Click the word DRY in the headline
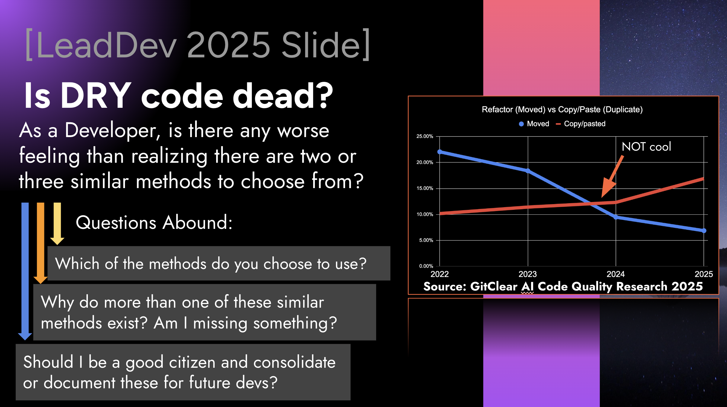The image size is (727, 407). [96, 96]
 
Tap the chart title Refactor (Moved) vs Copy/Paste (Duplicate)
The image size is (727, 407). [562, 109]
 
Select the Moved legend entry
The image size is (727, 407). [534, 124]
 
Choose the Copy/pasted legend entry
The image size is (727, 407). [581, 124]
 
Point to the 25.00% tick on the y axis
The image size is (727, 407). [425, 136]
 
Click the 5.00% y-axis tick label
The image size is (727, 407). [426, 240]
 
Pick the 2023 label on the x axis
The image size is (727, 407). [528, 274]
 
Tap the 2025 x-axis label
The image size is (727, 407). [704, 274]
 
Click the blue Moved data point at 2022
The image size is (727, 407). [440, 152]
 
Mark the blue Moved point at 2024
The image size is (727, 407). [616, 217]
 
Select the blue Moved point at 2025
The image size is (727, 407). [704, 231]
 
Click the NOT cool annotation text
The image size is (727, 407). [646, 147]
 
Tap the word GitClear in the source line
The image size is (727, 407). [494, 286]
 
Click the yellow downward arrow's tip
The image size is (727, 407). [57, 245]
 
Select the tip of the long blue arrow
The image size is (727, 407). [25, 340]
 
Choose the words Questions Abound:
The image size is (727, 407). [154, 223]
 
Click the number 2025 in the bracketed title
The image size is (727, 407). [229, 45]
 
